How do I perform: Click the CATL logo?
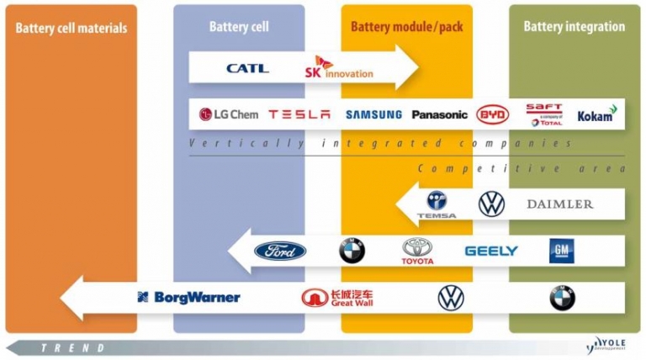pyautogui.click(x=247, y=68)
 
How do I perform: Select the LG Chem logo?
pyautogui.click(x=228, y=114)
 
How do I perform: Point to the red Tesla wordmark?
pyautogui.click(x=299, y=114)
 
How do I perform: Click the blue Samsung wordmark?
pyautogui.click(x=373, y=114)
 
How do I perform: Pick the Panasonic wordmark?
pyautogui.click(x=439, y=114)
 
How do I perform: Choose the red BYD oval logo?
pyautogui.click(x=493, y=114)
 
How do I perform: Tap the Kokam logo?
pyautogui.click(x=596, y=114)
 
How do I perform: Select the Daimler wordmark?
pyautogui.click(x=559, y=204)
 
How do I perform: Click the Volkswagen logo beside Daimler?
pyautogui.click(x=492, y=204)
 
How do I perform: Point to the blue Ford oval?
pyautogui.click(x=280, y=251)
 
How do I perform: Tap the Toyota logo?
pyautogui.click(x=417, y=251)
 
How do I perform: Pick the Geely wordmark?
pyautogui.click(x=491, y=251)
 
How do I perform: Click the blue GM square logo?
pyautogui.click(x=561, y=250)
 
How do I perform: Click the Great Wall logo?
pyautogui.click(x=337, y=298)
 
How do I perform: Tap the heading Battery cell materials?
pyautogui.click(x=71, y=28)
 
